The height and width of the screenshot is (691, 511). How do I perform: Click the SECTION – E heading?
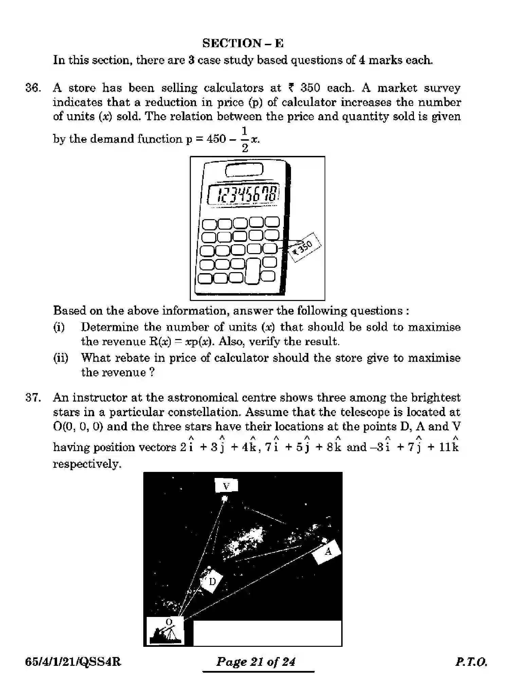point(243,43)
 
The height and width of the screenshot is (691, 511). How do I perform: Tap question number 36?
point(33,88)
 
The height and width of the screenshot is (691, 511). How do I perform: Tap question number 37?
point(33,397)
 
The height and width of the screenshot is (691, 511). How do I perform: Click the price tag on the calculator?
point(305,247)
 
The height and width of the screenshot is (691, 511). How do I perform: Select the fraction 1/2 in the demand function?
point(244,139)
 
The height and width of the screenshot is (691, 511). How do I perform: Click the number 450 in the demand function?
point(216,139)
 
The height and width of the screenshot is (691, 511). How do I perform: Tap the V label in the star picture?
point(226,486)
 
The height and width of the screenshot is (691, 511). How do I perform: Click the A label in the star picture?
point(327,552)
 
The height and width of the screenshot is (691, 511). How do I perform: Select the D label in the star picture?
point(212,582)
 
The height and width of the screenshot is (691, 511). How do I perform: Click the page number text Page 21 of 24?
point(256,661)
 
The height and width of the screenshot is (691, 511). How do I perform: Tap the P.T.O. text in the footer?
point(471,662)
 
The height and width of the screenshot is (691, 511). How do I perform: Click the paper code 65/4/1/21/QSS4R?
point(73,662)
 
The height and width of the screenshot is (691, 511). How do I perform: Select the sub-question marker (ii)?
point(61,358)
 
